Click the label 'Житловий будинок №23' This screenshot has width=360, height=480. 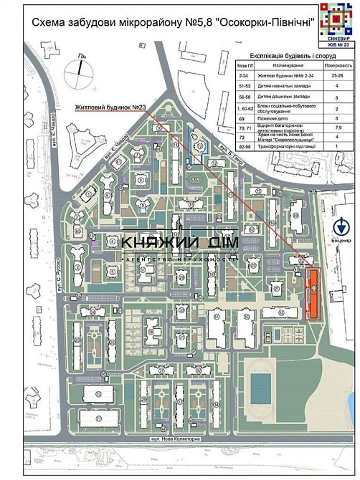[111, 108]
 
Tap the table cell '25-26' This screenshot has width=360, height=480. [336, 74]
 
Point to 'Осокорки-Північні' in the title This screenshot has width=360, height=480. [261, 24]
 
